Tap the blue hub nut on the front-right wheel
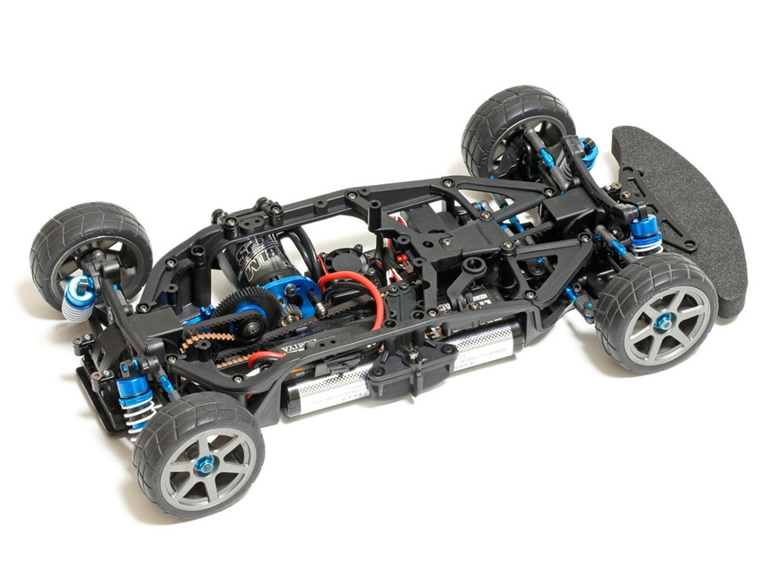[663, 321]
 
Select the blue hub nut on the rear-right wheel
[205, 464]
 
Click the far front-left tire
[515, 126]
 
